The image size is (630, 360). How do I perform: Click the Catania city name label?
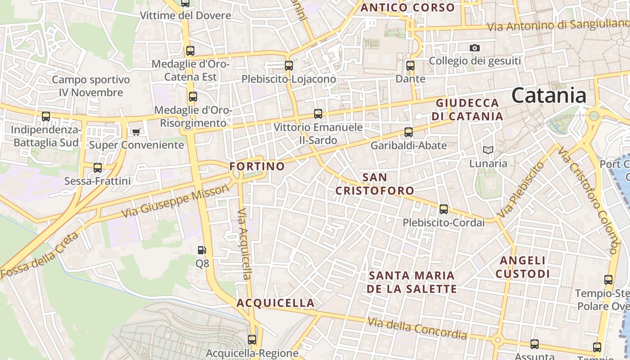click(x=549, y=95)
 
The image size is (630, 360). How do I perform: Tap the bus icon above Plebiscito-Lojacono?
click(x=289, y=65)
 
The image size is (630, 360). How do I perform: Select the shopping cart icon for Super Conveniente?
click(x=136, y=132)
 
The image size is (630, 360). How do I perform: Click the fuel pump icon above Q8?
click(x=202, y=250)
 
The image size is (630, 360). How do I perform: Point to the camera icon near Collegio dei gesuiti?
click(x=474, y=48)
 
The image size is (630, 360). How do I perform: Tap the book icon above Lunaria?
click(x=488, y=150)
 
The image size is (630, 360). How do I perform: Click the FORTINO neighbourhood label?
click(x=257, y=166)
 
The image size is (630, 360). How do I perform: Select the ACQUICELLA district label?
click(x=276, y=303)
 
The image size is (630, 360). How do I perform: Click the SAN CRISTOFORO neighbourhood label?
click(x=375, y=184)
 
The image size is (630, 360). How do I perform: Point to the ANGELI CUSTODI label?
click(x=522, y=267)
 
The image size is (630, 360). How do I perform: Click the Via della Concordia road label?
click(x=417, y=329)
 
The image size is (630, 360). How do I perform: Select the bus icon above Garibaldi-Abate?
click(x=409, y=132)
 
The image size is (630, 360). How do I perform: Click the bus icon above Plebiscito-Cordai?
click(x=444, y=209)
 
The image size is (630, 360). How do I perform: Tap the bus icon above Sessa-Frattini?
click(x=98, y=168)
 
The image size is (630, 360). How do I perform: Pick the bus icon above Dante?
click(x=410, y=66)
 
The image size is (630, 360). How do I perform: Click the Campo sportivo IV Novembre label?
click(x=91, y=86)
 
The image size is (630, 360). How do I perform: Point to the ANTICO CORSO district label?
click(x=408, y=8)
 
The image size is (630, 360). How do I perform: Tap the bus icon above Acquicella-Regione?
click(x=252, y=340)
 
